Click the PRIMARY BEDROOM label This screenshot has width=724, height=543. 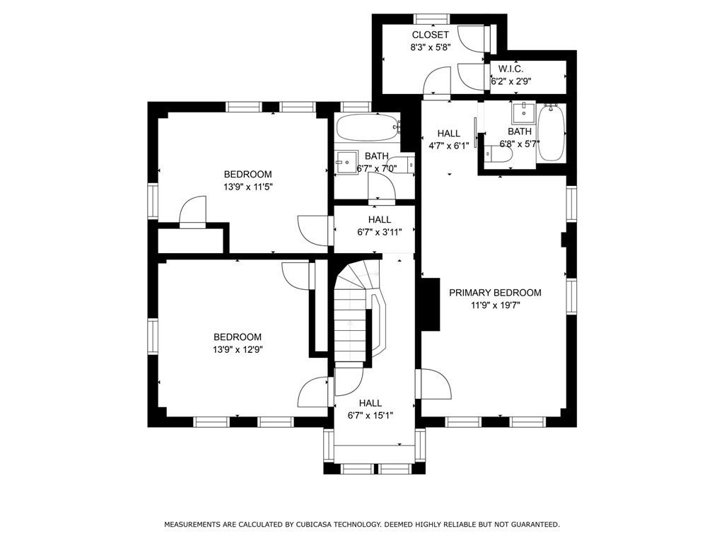(x=495, y=293)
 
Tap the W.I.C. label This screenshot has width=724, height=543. (x=510, y=69)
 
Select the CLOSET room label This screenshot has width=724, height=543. (x=430, y=35)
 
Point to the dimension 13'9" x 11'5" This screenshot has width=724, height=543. (x=248, y=187)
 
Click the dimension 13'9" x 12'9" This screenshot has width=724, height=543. (x=238, y=349)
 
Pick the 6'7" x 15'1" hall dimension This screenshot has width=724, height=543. (x=370, y=416)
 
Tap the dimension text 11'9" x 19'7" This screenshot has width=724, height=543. (x=496, y=305)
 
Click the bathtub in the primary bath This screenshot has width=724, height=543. (x=551, y=133)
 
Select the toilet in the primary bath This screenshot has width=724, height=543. (x=498, y=154)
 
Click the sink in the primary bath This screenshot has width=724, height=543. (x=524, y=112)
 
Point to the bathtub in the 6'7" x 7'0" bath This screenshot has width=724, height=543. (x=368, y=127)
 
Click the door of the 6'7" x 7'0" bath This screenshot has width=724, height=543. (x=381, y=187)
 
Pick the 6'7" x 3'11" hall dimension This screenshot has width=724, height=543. (x=380, y=232)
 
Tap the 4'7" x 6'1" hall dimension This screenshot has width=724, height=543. (x=448, y=146)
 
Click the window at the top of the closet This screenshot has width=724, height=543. (x=432, y=19)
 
